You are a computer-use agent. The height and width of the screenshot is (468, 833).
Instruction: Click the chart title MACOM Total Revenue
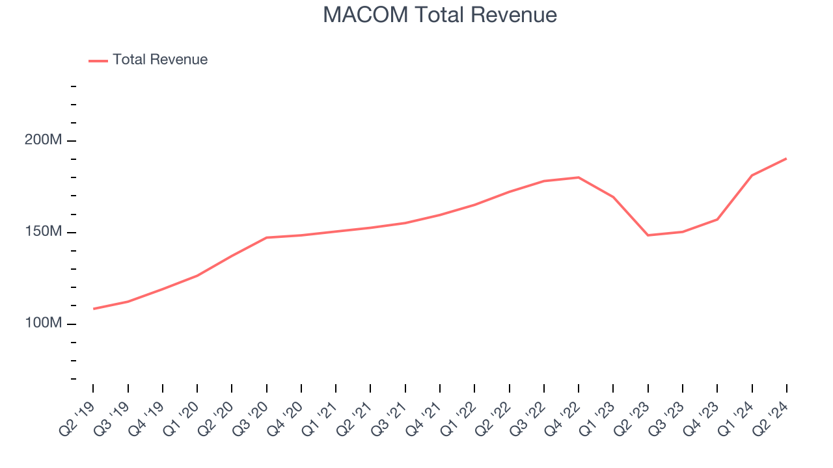[440, 16]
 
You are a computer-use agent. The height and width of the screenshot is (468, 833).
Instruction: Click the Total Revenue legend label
[160, 60]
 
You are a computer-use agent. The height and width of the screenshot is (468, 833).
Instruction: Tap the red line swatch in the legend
[98, 61]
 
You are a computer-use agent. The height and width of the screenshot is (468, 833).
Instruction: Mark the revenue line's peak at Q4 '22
[579, 177]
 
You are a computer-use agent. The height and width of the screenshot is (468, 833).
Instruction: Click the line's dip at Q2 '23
[648, 235]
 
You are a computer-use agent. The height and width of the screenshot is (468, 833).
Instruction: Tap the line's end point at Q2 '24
[786, 159]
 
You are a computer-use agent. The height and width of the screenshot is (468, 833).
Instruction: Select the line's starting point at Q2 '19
[94, 309]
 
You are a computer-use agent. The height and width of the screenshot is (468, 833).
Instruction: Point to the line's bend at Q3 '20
[267, 238]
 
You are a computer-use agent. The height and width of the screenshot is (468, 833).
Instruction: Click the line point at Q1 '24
[752, 175]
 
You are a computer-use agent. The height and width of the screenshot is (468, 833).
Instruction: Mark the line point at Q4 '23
[717, 219]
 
